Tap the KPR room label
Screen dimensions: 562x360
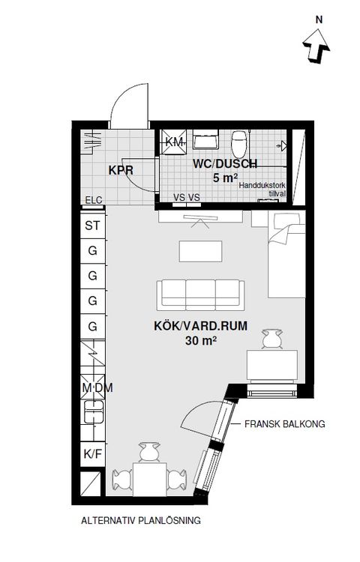click(120, 170)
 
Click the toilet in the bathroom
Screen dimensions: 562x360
click(240, 141)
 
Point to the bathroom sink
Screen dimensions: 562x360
click(204, 140)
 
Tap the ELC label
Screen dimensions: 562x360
click(93, 199)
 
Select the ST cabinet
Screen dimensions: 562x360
click(93, 225)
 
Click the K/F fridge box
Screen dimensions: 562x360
click(93, 453)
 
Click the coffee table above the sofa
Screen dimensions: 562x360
click(199, 250)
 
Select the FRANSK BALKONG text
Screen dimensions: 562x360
click(284, 423)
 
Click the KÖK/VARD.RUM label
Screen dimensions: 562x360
click(200, 326)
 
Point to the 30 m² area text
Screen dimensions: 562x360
click(200, 340)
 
